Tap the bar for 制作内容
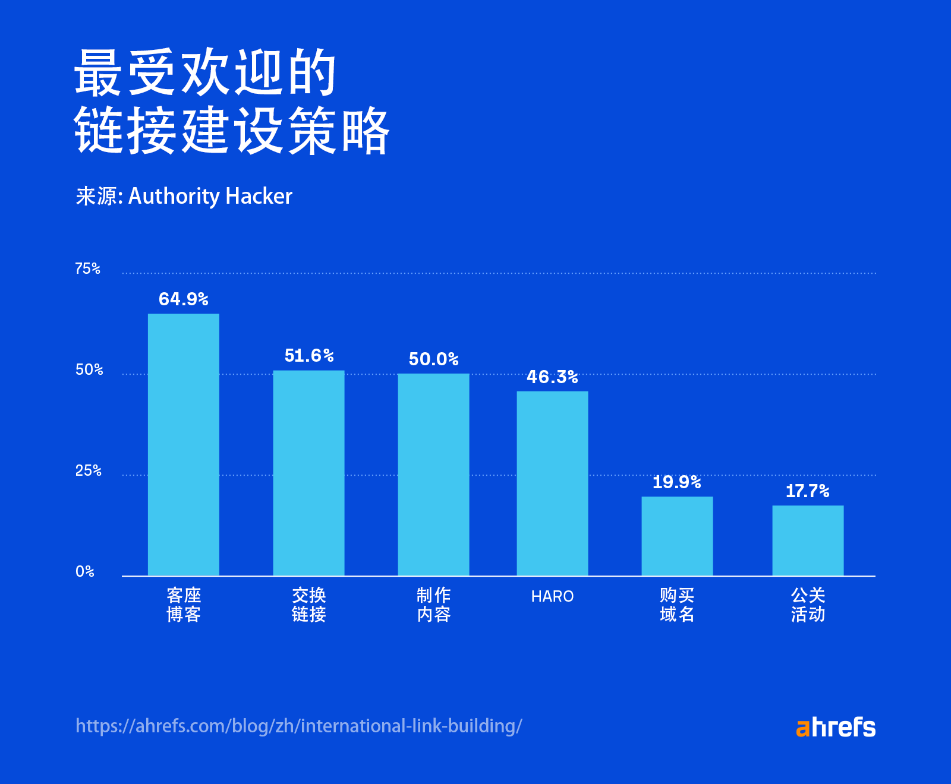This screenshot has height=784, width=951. coord(433,475)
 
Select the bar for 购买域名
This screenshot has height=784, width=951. coord(677,536)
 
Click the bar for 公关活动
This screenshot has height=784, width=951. coord(808,540)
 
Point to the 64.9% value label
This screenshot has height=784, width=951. coord(183,299)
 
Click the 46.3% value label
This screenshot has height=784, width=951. coord(552,377)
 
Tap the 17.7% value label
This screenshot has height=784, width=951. coord(807,491)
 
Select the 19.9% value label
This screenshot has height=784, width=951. coord(676,482)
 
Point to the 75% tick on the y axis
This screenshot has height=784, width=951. coord(87,268)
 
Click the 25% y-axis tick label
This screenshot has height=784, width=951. coord(88,470)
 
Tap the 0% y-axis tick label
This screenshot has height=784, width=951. coord(85,571)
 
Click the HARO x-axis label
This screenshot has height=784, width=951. coord(552,596)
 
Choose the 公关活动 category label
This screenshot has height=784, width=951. coord(808,605)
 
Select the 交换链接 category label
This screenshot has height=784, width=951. coord(308,605)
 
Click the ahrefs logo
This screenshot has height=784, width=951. coord(835,727)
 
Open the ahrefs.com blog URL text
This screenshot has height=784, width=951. coord(299,726)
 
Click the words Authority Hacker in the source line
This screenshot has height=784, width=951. coord(210,196)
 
